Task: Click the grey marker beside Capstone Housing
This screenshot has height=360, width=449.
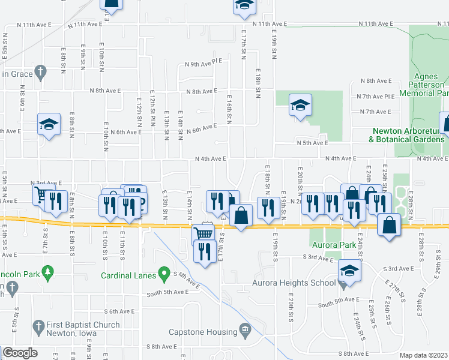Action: (x=246, y=330)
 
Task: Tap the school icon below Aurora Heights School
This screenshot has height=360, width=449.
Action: (x=348, y=270)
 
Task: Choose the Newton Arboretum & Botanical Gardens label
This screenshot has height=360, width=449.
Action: (x=408, y=135)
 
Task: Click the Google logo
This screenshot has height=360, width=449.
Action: (x=20, y=352)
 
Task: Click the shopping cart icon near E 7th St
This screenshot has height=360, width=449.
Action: (x=40, y=194)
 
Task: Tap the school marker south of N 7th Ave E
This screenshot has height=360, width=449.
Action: (x=300, y=106)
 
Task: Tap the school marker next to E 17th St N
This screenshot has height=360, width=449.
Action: (x=243, y=5)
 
